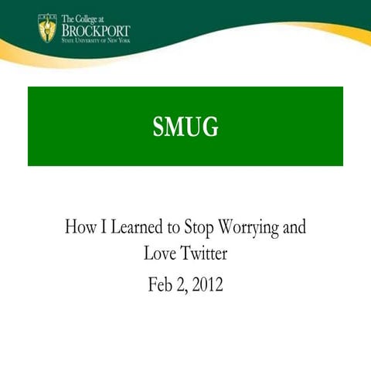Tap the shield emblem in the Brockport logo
46,29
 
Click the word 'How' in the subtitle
80,229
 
